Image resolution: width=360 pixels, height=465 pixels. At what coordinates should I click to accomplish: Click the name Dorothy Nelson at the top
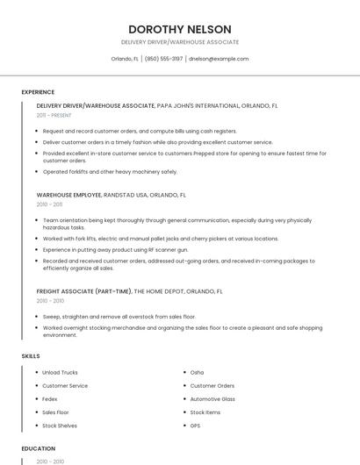pos(180,28)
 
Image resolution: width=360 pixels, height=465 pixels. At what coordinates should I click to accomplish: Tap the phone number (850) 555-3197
pos(163,59)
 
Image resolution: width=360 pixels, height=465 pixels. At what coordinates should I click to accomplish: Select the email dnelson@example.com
pos(219,59)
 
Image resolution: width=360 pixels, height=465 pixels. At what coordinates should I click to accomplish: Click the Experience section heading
pos(38,92)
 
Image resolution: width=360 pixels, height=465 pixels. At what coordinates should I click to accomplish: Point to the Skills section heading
pos(31,355)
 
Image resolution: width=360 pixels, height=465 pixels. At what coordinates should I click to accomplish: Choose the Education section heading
pos(37,447)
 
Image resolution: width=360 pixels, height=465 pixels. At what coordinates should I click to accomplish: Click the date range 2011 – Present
pos(54,115)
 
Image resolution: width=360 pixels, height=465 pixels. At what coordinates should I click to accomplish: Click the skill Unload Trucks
pos(60,372)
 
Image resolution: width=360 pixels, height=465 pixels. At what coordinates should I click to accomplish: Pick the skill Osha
pos(197,372)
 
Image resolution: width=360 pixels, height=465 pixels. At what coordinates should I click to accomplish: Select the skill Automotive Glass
pos(212,398)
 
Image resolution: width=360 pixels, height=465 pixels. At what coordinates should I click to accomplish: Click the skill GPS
pos(195,426)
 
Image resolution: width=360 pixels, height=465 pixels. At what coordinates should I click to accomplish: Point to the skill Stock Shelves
pos(60,426)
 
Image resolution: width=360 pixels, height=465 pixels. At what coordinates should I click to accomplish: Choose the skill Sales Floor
pos(55,411)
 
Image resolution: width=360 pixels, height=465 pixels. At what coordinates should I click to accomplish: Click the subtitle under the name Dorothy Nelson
pos(180,42)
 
